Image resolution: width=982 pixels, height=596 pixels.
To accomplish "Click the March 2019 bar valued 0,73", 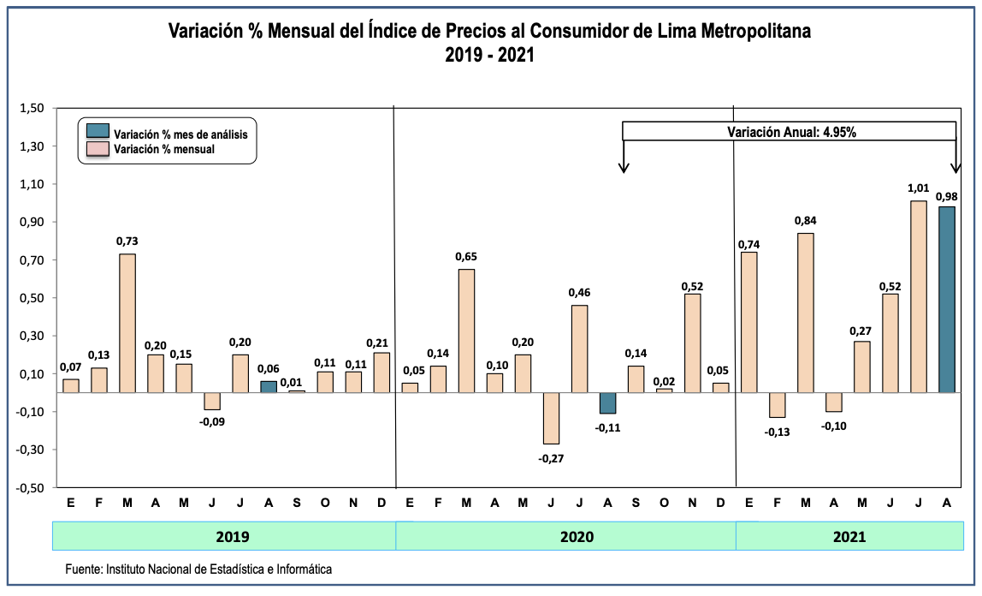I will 127,323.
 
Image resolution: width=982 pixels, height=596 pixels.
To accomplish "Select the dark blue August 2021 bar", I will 947,299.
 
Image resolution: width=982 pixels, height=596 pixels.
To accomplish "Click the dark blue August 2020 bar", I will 608,402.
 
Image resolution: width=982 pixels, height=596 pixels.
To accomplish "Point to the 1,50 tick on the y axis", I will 31,109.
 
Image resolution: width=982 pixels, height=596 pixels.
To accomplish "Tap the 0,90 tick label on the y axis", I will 31,223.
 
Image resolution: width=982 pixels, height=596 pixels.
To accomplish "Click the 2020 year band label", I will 565,537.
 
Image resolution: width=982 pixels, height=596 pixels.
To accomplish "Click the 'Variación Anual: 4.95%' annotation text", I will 792,132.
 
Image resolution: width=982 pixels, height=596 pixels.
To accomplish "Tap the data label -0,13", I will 778,432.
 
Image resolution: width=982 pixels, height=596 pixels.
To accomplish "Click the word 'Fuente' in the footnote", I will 82,569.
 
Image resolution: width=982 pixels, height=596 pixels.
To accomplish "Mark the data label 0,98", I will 947,196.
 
